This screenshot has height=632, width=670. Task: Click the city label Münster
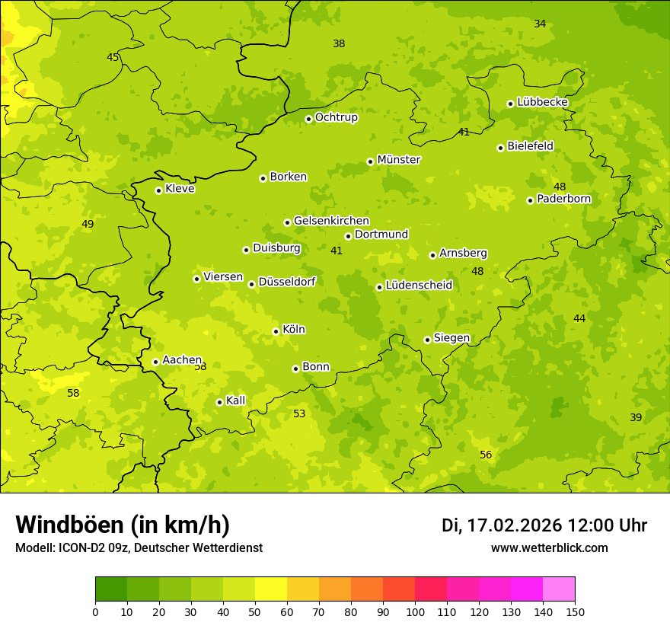tap(399, 160)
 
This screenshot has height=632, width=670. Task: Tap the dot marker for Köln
tap(276, 331)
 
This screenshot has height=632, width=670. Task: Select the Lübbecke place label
tap(542, 102)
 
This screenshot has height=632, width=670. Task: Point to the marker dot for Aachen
tap(155, 362)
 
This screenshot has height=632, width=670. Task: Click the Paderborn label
tap(563, 199)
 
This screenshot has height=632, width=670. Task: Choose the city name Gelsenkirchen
tap(331, 221)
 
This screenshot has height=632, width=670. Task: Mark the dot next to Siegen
tap(427, 340)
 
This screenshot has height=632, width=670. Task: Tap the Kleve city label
tap(180, 189)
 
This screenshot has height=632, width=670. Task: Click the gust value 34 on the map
tap(540, 24)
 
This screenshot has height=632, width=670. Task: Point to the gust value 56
tap(486, 455)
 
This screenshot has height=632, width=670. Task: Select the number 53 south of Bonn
tap(299, 413)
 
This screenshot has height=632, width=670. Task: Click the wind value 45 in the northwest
tap(113, 57)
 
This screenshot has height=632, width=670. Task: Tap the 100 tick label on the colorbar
tap(415, 611)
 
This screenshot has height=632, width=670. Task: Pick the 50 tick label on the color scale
tap(255, 611)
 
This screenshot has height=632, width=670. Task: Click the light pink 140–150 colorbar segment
tap(559, 589)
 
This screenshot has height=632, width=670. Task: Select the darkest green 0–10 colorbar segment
tap(111, 589)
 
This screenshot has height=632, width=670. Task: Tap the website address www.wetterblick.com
tap(549, 547)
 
